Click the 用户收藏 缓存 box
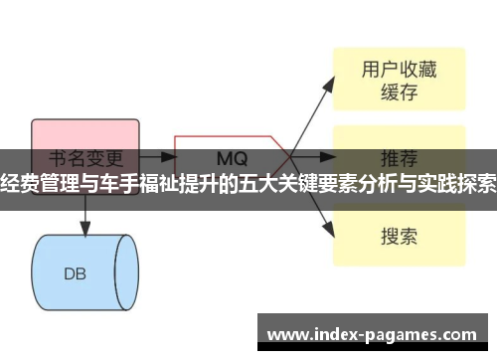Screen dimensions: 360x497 [x=398, y=81]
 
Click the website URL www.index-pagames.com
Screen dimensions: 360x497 [x=374, y=334]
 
